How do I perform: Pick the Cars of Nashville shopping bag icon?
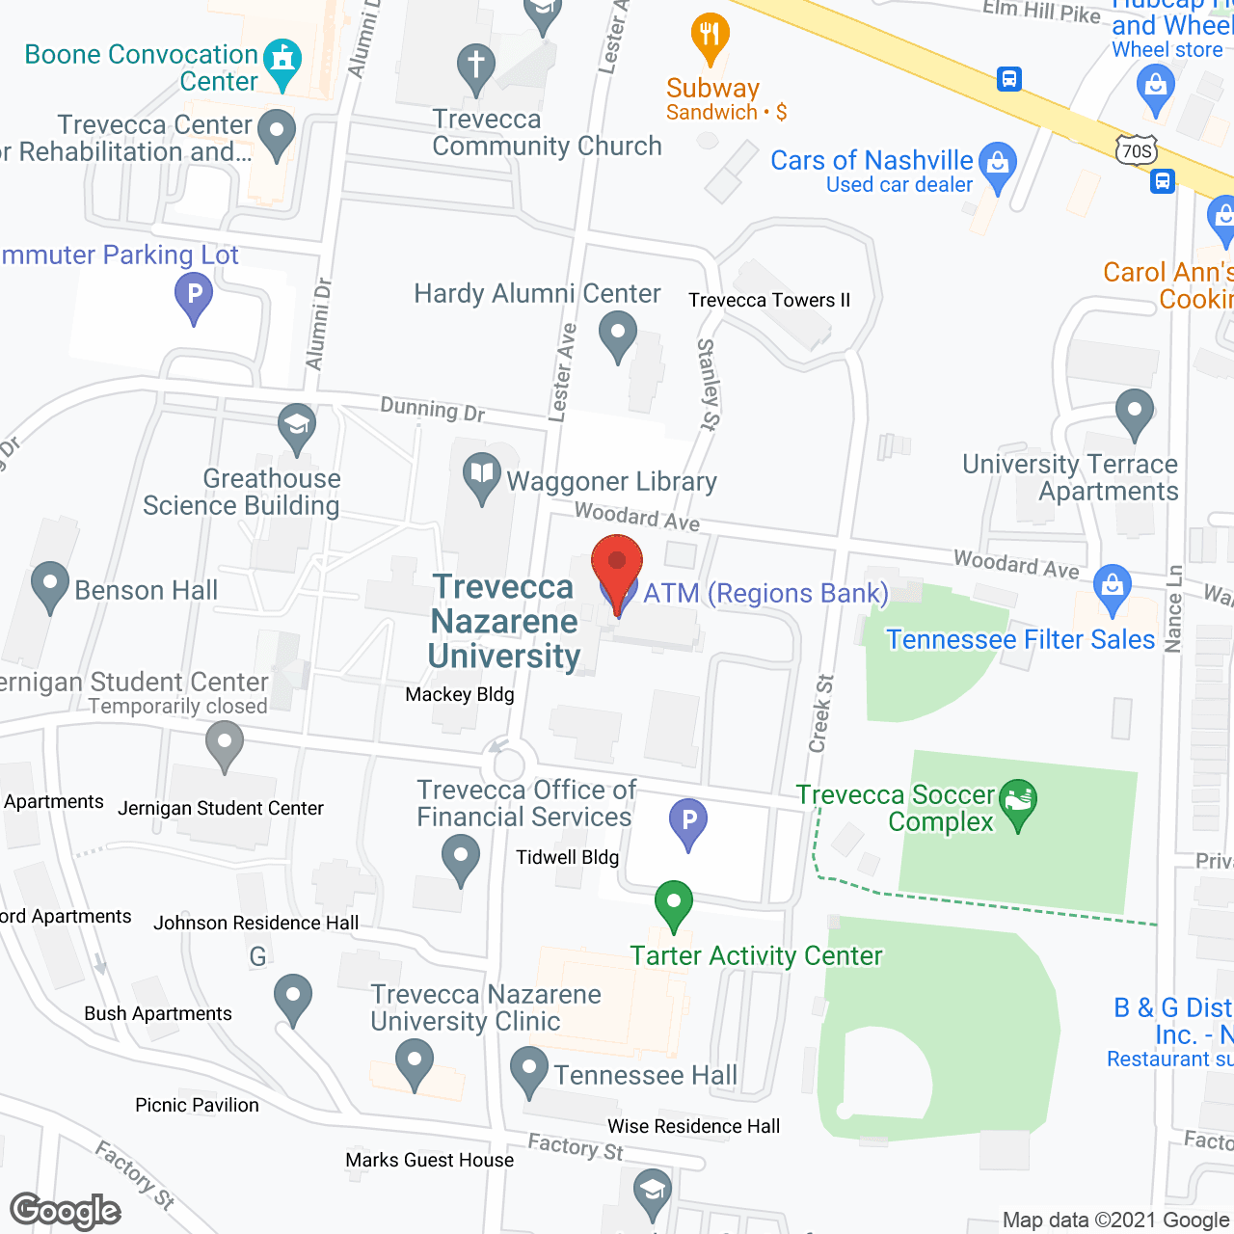click(998, 166)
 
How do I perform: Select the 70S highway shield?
click(1138, 150)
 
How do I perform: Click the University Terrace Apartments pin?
click(1135, 413)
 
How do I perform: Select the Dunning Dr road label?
click(432, 410)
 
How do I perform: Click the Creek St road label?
click(821, 713)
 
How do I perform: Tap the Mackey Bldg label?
click(460, 694)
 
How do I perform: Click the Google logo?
click(66, 1211)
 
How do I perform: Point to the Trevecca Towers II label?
click(769, 300)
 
